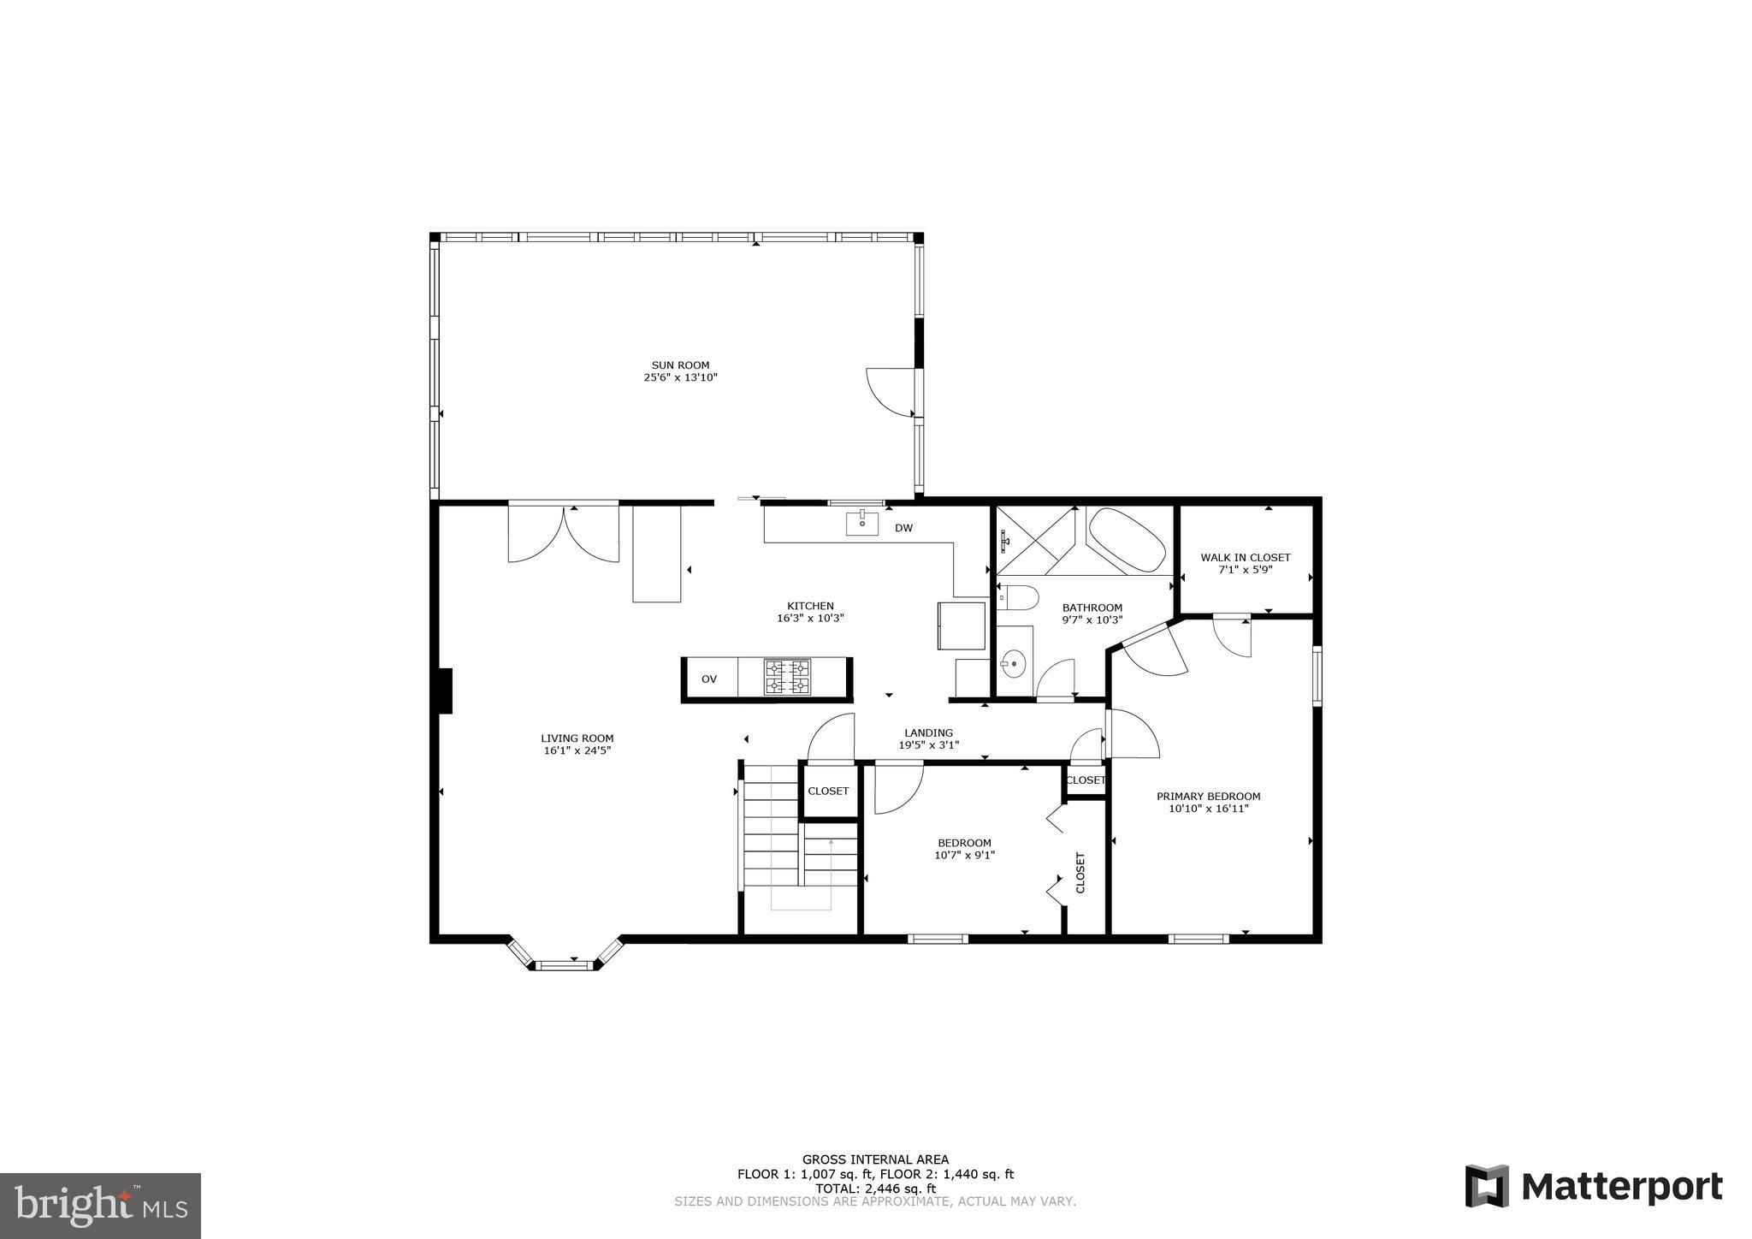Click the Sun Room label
pos(680,365)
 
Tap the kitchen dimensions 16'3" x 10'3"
pos(810,618)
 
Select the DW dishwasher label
pos(903,528)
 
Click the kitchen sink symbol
pos(862,523)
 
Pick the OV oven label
pos(709,679)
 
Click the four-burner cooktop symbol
pos(787,677)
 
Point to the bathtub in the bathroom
pos(1127,541)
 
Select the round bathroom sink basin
pos(1013,662)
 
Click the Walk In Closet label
pos(1245,557)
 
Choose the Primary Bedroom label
pos(1208,796)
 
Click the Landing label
pos(928,732)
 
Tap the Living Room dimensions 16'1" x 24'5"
pos(577,750)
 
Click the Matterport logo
pos(1593,1187)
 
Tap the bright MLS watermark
pos(100,1206)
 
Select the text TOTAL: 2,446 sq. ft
pos(875,1189)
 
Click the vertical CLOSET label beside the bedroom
pos(1080,872)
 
